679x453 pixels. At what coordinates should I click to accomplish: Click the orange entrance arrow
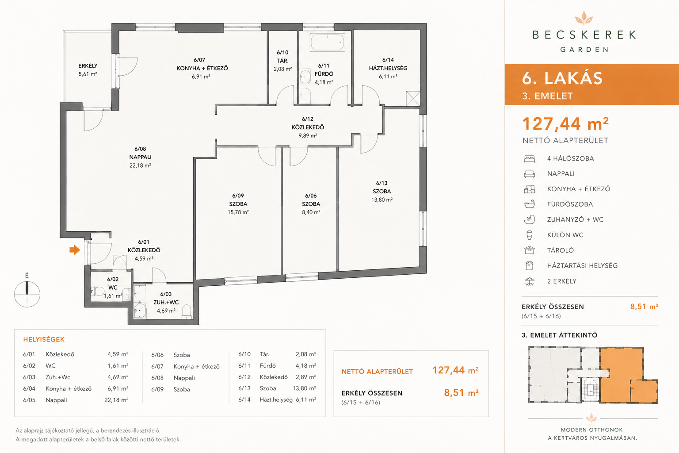pos(75,250)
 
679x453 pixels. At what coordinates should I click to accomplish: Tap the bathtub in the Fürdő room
pos(328,42)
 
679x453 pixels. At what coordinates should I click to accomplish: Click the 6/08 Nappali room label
pos(140,157)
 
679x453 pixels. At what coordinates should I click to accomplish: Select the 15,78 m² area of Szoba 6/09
pos(238,212)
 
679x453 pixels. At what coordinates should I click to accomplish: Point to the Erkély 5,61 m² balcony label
pos(88,70)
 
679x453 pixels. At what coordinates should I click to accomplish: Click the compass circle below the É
pos(27,294)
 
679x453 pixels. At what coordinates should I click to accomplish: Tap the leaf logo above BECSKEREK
pos(584,18)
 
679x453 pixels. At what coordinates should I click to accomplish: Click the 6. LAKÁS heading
pos(562,78)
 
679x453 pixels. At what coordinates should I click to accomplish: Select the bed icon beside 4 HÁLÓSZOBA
pos(530,159)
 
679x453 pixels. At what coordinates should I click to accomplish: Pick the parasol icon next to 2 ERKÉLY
pos(530,281)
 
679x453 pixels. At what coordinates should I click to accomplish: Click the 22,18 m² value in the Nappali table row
pos(116,400)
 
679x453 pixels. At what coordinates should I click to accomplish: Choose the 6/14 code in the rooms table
pos(244,399)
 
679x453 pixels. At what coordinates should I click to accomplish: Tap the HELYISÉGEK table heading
pos(44,339)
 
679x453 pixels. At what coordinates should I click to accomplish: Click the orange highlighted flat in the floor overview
pos(622,375)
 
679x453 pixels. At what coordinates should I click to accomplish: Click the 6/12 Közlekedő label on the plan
pos(308,127)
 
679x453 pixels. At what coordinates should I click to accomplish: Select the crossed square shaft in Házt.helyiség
pos(413,98)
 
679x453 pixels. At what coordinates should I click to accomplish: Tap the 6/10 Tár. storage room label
pos(282,61)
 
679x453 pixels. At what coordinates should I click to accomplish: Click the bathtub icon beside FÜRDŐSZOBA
pos(530,204)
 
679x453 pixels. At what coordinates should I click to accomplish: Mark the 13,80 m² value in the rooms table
pos(304,388)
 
